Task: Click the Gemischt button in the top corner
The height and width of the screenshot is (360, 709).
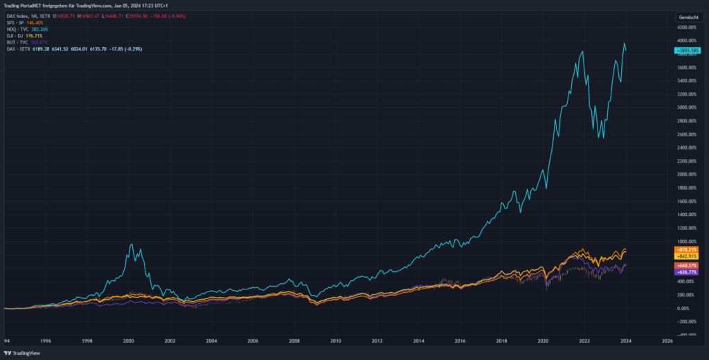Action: click(689, 15)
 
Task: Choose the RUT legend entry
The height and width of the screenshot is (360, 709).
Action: click(25, 42)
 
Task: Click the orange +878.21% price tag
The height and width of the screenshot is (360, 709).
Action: click(687, 249)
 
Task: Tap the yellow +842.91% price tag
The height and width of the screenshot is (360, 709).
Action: click(687, 256)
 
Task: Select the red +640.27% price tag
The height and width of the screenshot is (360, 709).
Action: click(687, 266)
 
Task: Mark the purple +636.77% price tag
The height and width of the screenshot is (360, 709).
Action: click(687, 272)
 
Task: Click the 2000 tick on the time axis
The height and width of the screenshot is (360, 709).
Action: click(129, 341)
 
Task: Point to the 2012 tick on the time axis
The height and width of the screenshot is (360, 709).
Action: click(377, 341)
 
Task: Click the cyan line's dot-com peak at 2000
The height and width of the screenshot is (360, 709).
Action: click(132, 244)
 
